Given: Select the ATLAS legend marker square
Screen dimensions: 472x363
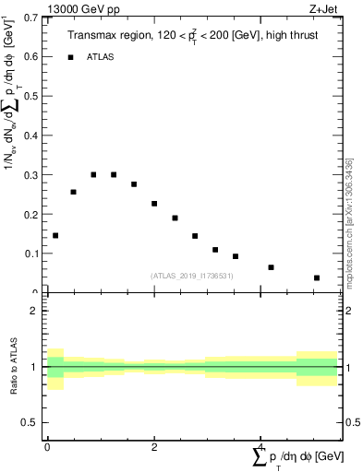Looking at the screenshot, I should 70,57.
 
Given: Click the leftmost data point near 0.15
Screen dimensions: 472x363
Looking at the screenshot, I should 55,235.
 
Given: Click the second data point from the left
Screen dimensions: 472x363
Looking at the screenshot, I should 73,192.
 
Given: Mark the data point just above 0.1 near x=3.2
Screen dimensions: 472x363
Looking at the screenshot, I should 215,250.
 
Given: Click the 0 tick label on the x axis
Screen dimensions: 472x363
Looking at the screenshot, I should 47,447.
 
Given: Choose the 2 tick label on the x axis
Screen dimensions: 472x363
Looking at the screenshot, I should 154,447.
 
